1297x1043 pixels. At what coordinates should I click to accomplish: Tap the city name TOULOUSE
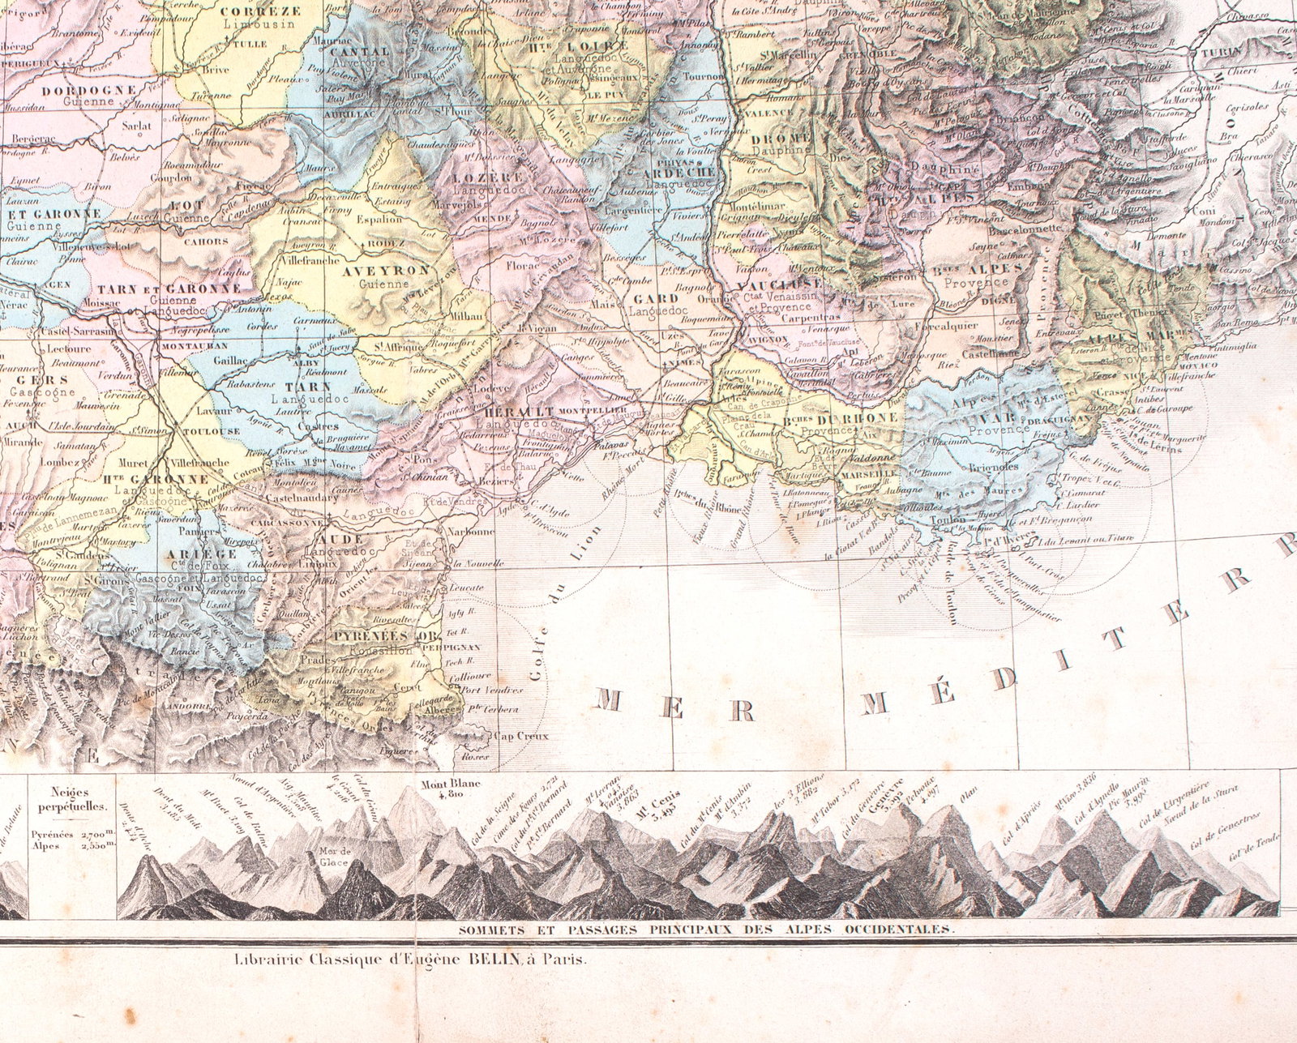[x=209, y=431]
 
